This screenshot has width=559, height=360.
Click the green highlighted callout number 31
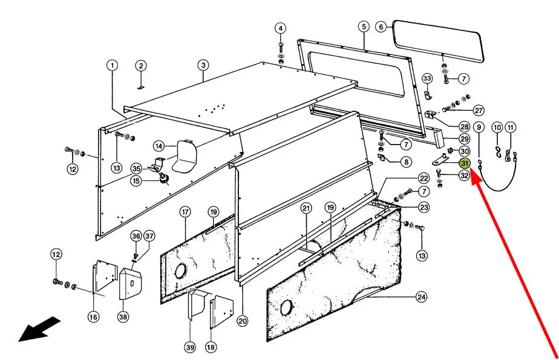(x=465, y=163)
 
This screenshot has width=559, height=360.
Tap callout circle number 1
(x=112, y=65)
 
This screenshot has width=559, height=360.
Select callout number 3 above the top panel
(x=203, y=65)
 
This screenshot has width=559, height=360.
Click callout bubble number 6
(x=381, y=27)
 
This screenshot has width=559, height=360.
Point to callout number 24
(x=422, y=296)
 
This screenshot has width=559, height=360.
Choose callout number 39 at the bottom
(x=190, y=347)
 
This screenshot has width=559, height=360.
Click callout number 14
(x=159, y=146)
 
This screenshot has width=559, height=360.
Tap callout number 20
(x=243, y=321)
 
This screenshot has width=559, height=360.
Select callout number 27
(x=479, y=110)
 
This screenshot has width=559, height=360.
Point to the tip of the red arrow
(x=471, y=171)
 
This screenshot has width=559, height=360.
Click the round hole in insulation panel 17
(x=181, y=271)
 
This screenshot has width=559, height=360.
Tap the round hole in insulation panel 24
(x=286, y=307)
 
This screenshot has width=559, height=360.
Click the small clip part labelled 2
(x=140, y=87)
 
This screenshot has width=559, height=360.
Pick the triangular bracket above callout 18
(x=221, y=311)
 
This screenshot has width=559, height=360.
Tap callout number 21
(x=306, y=208)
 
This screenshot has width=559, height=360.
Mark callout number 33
(x=427, y=79)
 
